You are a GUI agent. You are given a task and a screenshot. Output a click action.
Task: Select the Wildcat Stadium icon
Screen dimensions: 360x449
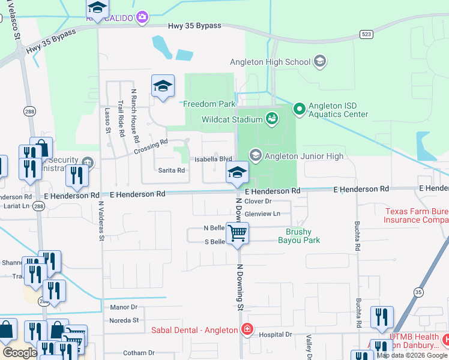click(273, 118)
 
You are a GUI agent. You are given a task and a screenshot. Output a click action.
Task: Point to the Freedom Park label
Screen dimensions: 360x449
click(209, 104)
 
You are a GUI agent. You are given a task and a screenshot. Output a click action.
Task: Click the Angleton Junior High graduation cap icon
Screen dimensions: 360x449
click(255, 156)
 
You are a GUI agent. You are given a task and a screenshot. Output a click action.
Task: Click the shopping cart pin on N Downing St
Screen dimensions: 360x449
click(238, 232)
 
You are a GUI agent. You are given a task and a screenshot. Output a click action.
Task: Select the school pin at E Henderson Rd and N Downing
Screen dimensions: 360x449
click(237, 173)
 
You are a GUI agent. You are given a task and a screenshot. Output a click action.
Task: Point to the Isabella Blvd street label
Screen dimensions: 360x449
click(213, 159)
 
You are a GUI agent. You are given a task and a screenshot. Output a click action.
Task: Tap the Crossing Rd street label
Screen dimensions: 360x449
click(151, 146)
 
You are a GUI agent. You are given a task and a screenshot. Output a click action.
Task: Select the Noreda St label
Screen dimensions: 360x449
click(124, 320)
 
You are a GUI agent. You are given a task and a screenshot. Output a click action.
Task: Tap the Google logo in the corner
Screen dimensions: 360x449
click(20, 353)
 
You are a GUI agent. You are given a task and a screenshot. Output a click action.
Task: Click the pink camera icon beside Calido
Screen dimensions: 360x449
click(142, 17)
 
